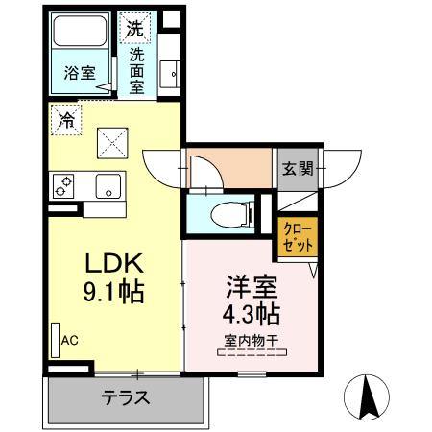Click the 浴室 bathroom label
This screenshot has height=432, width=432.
tap(79, 71)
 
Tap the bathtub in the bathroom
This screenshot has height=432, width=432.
tap(81, 36)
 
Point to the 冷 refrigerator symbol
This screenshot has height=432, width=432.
tap(67, 121)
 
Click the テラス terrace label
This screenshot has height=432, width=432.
tap(125, 396)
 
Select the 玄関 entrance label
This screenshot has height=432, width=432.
tap(297, 169)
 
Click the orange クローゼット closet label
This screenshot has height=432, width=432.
tap(294, 237)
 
